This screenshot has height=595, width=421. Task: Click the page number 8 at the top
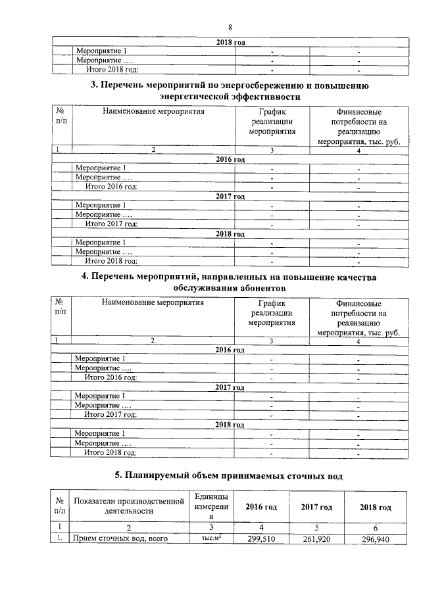[230, 27]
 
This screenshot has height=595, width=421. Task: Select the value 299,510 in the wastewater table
[263, 539]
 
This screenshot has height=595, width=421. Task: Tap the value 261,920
[316, 539]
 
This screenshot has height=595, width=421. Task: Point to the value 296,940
[376, 539]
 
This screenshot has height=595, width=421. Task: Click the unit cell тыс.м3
[210, 539]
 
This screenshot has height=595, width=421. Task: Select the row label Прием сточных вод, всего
[119, 539]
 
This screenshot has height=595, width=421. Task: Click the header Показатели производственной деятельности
[129, 507]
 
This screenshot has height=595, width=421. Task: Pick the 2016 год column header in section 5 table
[261, 507]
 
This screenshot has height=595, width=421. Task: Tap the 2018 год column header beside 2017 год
[376, 508]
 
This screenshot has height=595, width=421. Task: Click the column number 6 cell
[376, 527]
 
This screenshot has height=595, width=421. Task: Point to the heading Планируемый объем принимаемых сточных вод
[229, 475]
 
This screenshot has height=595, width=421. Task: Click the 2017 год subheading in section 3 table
[230, 196]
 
